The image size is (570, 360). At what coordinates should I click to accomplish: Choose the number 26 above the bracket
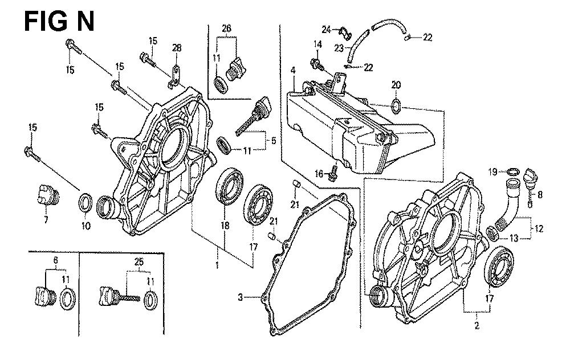226,28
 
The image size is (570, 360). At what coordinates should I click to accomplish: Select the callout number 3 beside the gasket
241,297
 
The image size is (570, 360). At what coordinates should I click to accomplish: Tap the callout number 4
292,71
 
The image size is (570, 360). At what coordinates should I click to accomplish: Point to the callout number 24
326,29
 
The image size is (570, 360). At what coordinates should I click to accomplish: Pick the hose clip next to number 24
344,30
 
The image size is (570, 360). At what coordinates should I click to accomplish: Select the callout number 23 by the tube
339,49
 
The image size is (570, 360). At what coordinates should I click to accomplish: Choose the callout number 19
492,170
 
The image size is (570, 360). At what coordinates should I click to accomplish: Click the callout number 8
540,194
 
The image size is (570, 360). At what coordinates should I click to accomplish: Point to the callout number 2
477,326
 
